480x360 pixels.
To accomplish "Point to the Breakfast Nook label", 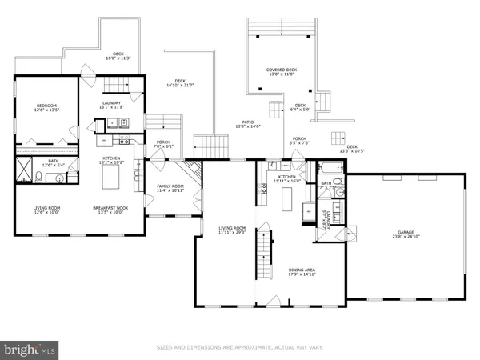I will click(x=111, y=210).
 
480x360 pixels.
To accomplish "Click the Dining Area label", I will click(x=304, y=272).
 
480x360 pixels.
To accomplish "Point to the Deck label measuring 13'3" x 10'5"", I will click(x=352, y=149).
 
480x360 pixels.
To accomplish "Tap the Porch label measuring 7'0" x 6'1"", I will click(x=162, y=144).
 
